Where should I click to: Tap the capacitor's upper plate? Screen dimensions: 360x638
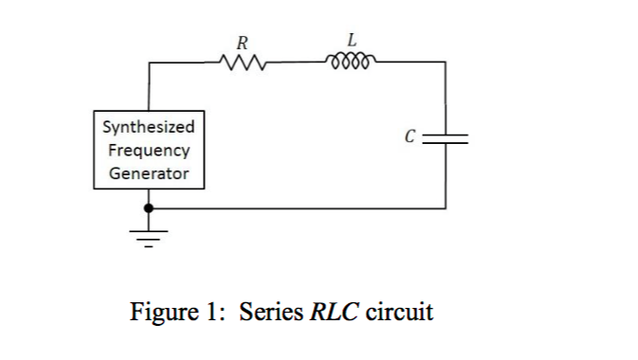446,133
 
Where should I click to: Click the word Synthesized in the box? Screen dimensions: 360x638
148,127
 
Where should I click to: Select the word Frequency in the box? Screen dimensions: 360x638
148,150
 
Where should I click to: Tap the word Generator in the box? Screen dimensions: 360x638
148,173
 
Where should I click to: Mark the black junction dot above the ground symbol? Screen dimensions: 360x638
147,207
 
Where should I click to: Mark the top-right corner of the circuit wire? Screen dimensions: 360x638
446,63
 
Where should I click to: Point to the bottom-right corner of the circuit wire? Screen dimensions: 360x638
446,207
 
